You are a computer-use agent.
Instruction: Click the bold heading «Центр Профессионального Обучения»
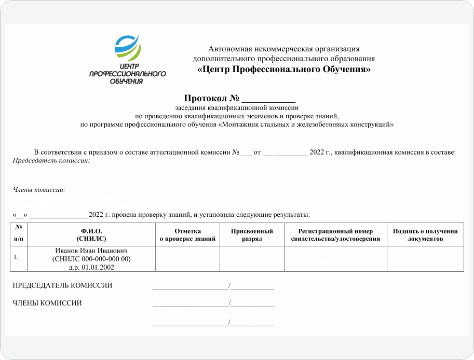tap(284, 69)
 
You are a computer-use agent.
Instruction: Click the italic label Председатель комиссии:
tap(51, 161)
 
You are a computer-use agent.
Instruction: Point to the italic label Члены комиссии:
tap(39, 190)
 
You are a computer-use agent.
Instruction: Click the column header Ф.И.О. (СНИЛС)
tap(91, 234)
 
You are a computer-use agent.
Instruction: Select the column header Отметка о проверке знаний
tap(187, 234)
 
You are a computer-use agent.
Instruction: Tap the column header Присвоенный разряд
tap(252, 234)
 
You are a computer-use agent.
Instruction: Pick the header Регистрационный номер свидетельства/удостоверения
tap(335, 234)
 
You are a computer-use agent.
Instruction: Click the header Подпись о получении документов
tap(425, 234)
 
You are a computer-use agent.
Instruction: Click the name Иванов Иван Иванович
tap(91, 251)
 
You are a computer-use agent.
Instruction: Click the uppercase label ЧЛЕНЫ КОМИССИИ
tap(47, 303)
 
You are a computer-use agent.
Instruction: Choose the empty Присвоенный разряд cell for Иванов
tap(252, 258)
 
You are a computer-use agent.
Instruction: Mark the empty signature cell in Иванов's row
tap(425, 258)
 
